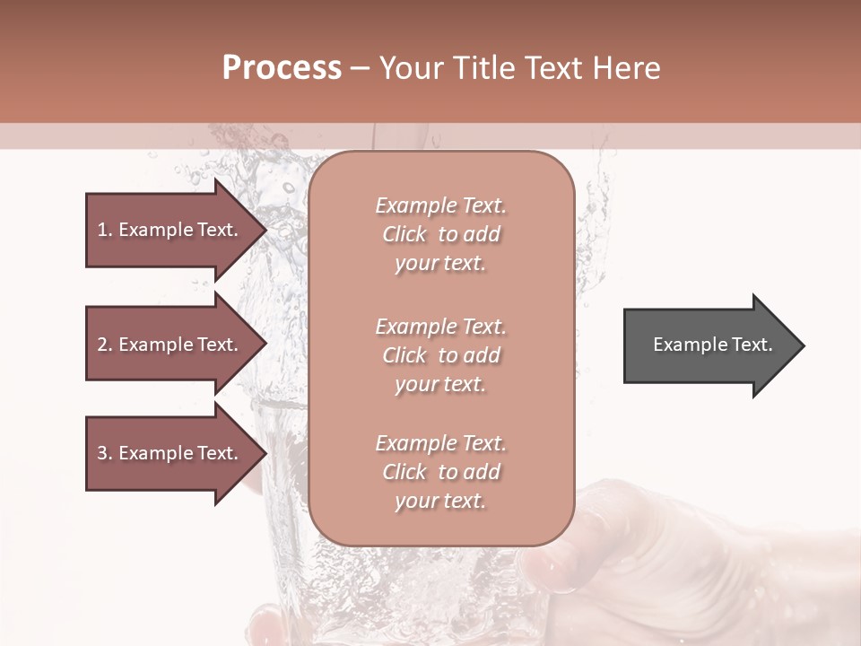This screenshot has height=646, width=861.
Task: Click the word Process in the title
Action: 282,68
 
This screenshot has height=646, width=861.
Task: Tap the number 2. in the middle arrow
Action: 105,345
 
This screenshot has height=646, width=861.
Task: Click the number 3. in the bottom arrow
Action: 105,453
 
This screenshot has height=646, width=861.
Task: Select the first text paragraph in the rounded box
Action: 440,234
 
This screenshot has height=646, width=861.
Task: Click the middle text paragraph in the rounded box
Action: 440,355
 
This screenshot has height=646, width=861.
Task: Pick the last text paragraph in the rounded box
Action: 440,472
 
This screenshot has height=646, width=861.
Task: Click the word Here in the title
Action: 628,68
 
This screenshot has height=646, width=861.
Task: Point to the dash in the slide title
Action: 360,68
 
